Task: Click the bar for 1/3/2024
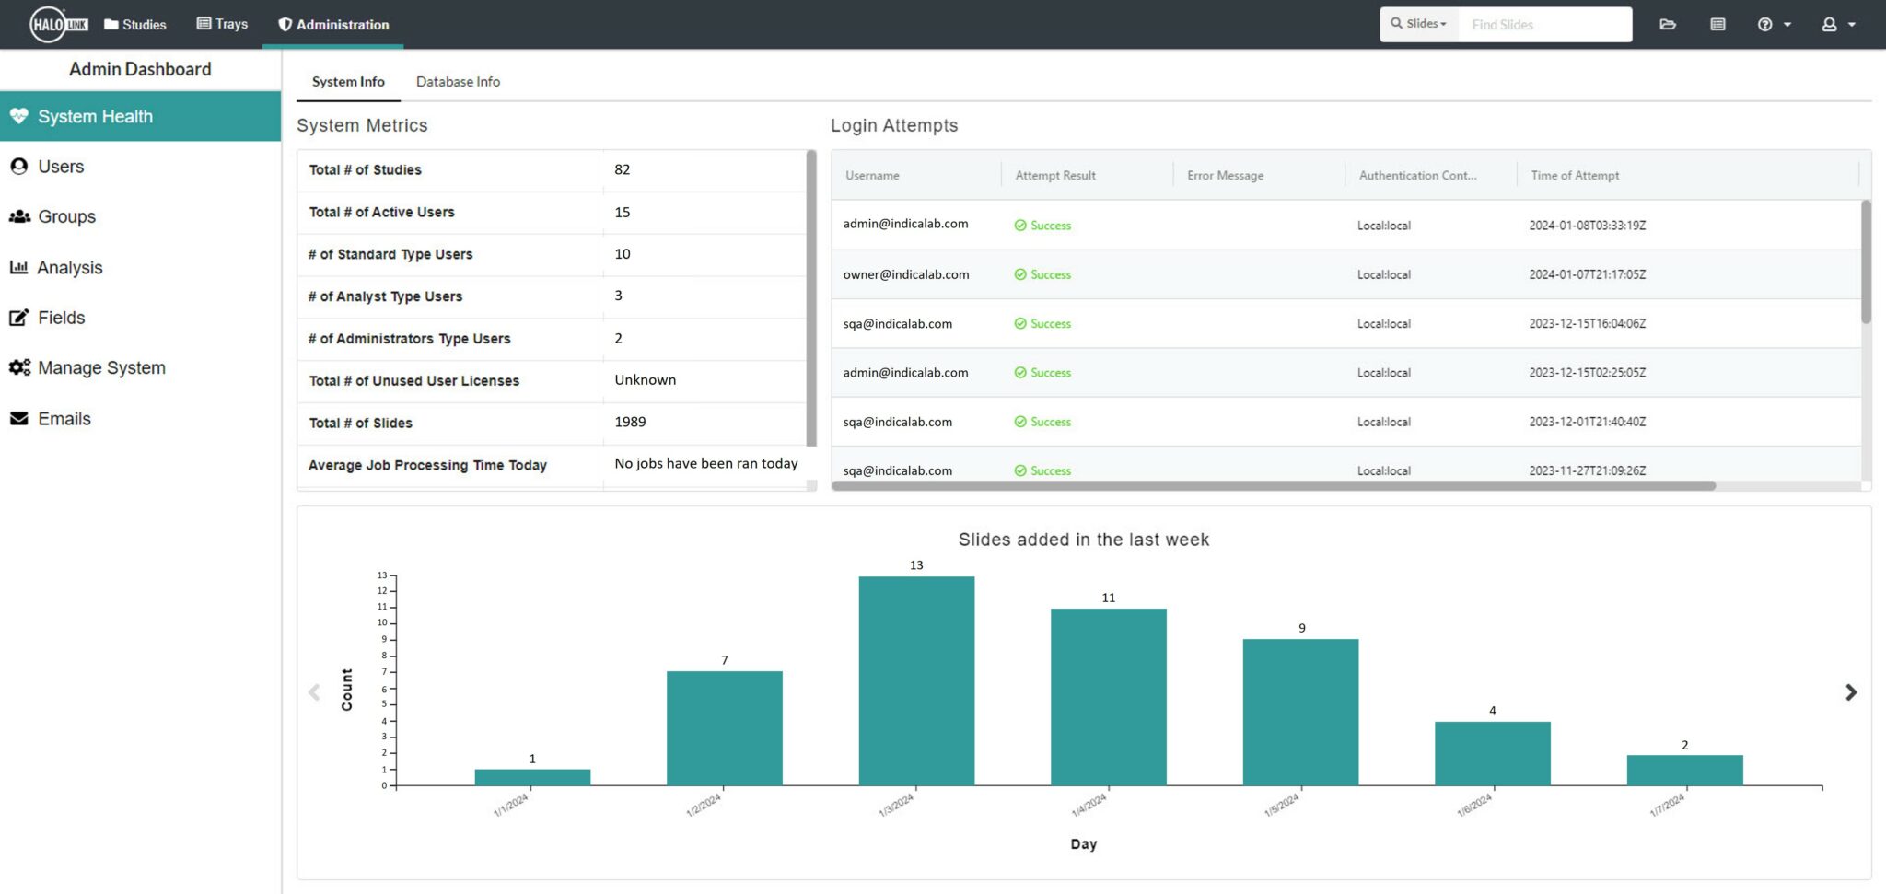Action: [x=916, y=680]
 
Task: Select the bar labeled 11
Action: [x=1108, y=696]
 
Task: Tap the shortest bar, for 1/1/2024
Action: [x=532, y=777]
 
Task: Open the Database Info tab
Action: [x=458, y=82]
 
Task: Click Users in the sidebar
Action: [x=61, y=167]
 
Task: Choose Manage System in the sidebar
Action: [x=101, y=368]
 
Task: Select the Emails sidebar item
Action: [x=64, y=419]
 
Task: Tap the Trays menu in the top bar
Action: [x=222, y=24]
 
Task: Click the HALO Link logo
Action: [x=59, y=25]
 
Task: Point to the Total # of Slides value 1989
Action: [x=630, y=422]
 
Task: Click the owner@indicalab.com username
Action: [x=906, y=274]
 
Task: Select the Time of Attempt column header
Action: [x=1575, y=175]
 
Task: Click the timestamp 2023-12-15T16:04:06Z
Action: [x=1587, y=324]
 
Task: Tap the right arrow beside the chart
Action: [x=1851, y=692]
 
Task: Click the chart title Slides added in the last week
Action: [x=1083, y=540]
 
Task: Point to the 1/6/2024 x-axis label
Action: [x=1473, y=805]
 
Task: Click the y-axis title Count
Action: [x=346, y=689]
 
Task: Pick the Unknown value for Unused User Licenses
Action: [x=645, y=380]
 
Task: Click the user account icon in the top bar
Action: [x=1830, y=25]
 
